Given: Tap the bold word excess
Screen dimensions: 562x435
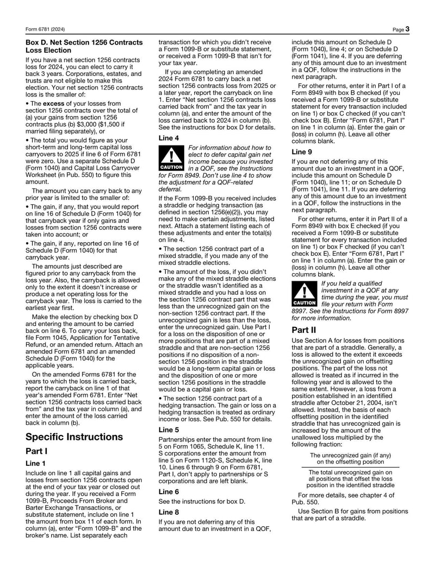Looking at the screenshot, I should pyautogui.click(x=54, y=103).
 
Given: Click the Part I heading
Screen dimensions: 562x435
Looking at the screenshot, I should pyautogui.click(x=36, y=451).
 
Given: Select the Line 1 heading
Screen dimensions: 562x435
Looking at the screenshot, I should pyautogui.click(x=36, y=463).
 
